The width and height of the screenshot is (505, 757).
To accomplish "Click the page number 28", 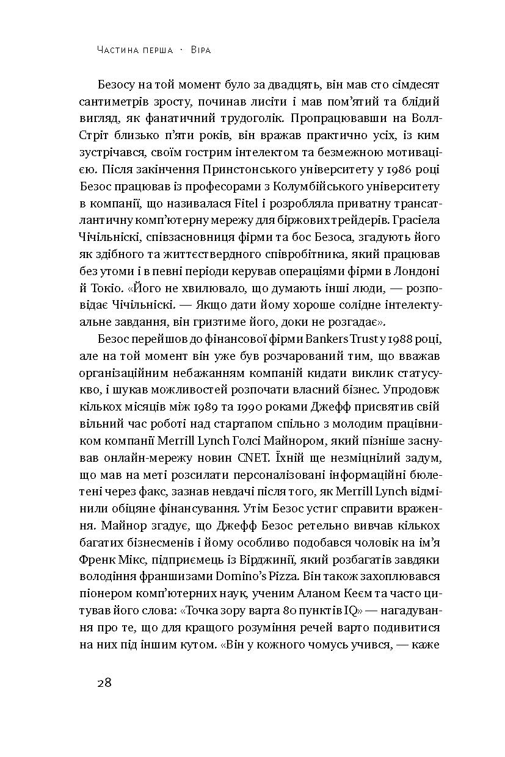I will coord(104,682).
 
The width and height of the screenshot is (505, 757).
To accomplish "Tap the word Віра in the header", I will coord(199,50).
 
